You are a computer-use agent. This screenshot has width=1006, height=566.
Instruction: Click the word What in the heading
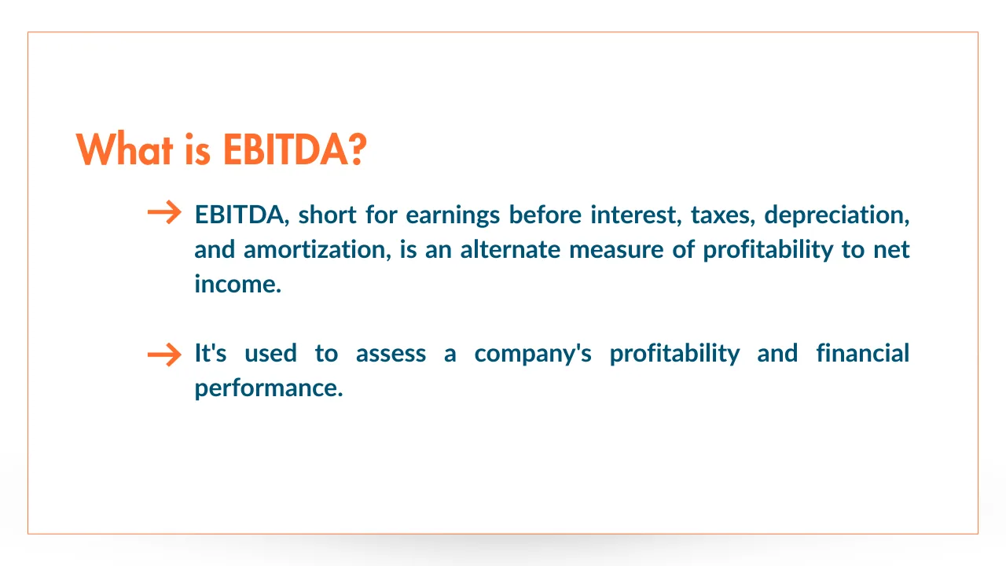[124, 149]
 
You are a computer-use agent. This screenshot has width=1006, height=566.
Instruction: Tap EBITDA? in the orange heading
[295, 149]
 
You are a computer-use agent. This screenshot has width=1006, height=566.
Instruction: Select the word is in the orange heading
[197, 149]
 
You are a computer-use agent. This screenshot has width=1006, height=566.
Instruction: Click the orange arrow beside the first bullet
[164, 212]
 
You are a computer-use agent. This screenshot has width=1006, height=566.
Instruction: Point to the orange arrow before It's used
[164, 355]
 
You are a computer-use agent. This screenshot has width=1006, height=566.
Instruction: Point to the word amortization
[317, 250]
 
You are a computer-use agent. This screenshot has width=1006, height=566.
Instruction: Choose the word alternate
[510, 250]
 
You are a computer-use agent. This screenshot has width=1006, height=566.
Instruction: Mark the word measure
[616, 251]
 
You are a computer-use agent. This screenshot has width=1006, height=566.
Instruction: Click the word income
[237, 285]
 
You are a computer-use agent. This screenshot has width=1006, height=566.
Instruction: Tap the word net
[891, 251]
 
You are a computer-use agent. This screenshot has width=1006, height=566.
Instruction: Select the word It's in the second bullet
[210, 353]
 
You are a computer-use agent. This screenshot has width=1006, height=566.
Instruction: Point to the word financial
[863, 353]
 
